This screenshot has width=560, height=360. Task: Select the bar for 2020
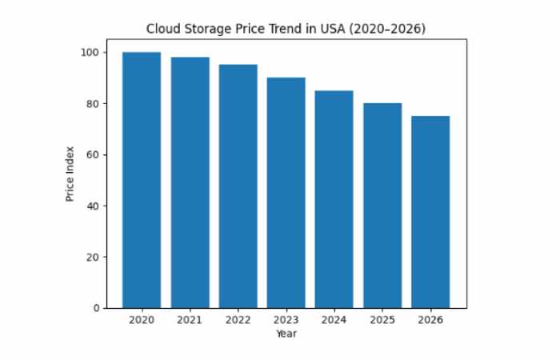pos(142,180)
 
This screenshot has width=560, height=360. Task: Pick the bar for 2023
pos(286,192)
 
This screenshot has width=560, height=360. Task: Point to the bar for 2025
pos(382,205)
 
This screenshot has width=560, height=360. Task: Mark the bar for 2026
pos(430,211)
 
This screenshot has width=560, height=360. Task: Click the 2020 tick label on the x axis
pos(142,320)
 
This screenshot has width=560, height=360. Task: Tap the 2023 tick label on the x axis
pos(286,320)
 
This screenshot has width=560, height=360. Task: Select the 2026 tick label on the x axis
pos(430,320)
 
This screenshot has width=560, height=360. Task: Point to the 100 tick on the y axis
pos(90,53)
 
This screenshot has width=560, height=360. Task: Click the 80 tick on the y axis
pos(93,104)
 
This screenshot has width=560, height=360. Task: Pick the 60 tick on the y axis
pos(93,154)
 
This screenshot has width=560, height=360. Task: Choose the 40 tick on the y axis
pos(93,206)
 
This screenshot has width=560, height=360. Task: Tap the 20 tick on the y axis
pos(93,257)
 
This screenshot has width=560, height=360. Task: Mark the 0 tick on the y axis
pos(96,308)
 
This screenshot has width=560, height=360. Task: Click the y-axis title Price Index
pos(70,173)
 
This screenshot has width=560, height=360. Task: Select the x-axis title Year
pos(286,334)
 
